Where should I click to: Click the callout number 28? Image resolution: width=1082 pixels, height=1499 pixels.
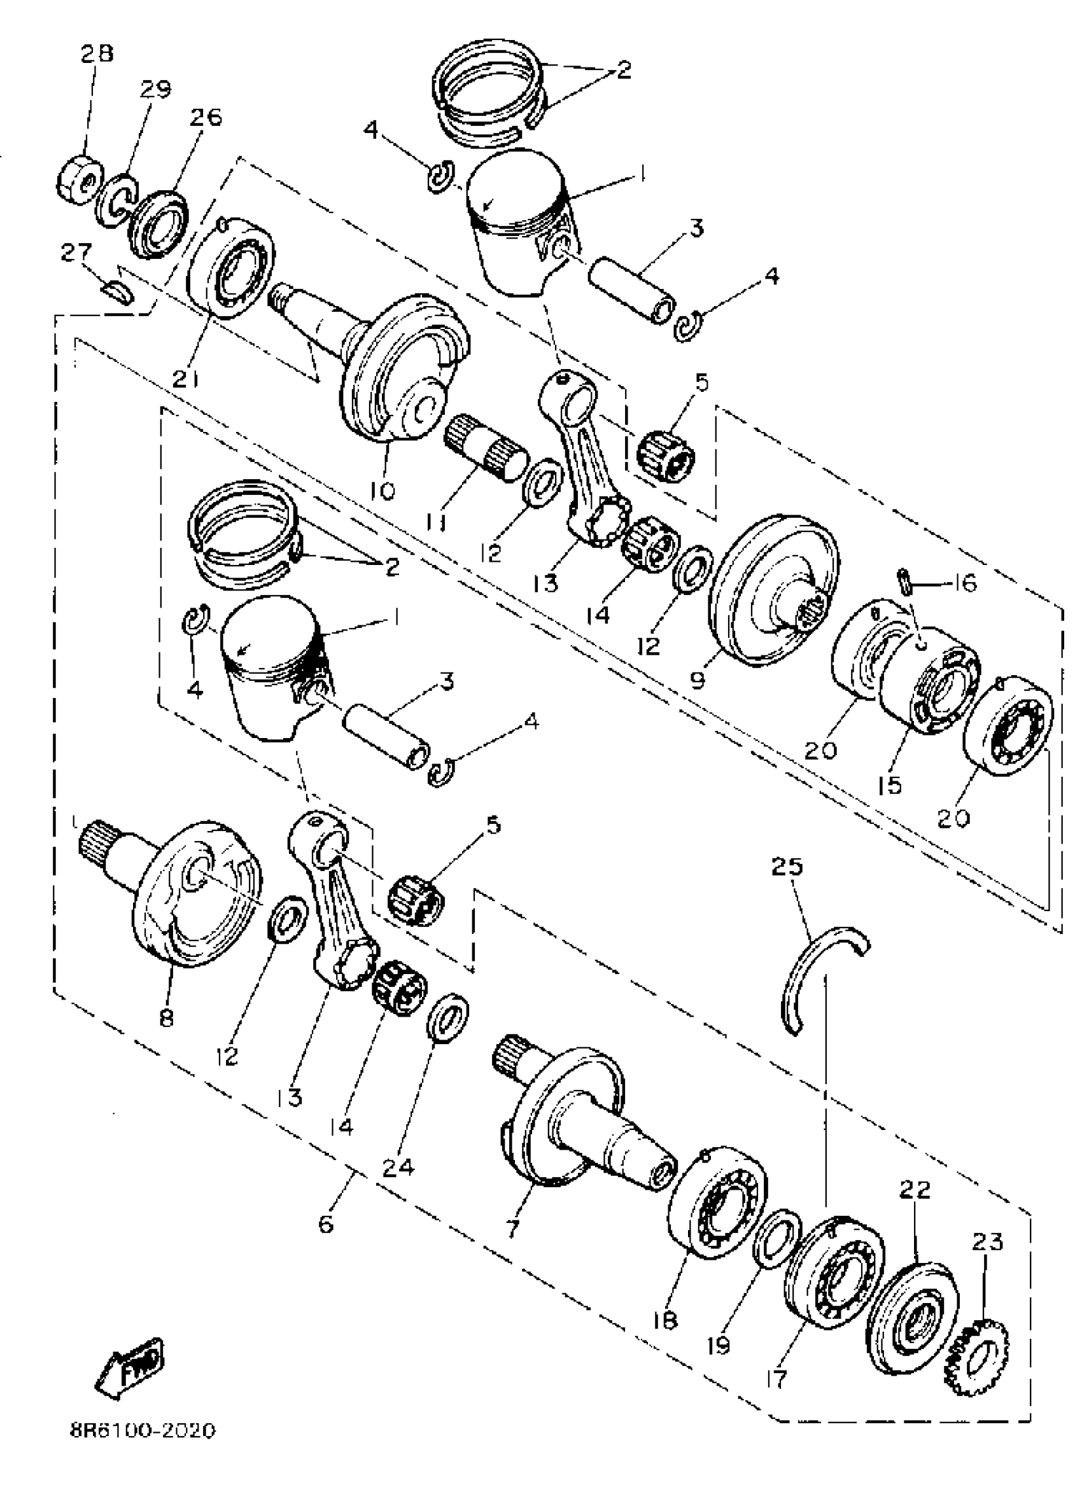point(97,53)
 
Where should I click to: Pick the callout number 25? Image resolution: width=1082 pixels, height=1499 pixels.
point(787,866)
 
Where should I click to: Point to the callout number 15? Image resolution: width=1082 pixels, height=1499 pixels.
point(890,784)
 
